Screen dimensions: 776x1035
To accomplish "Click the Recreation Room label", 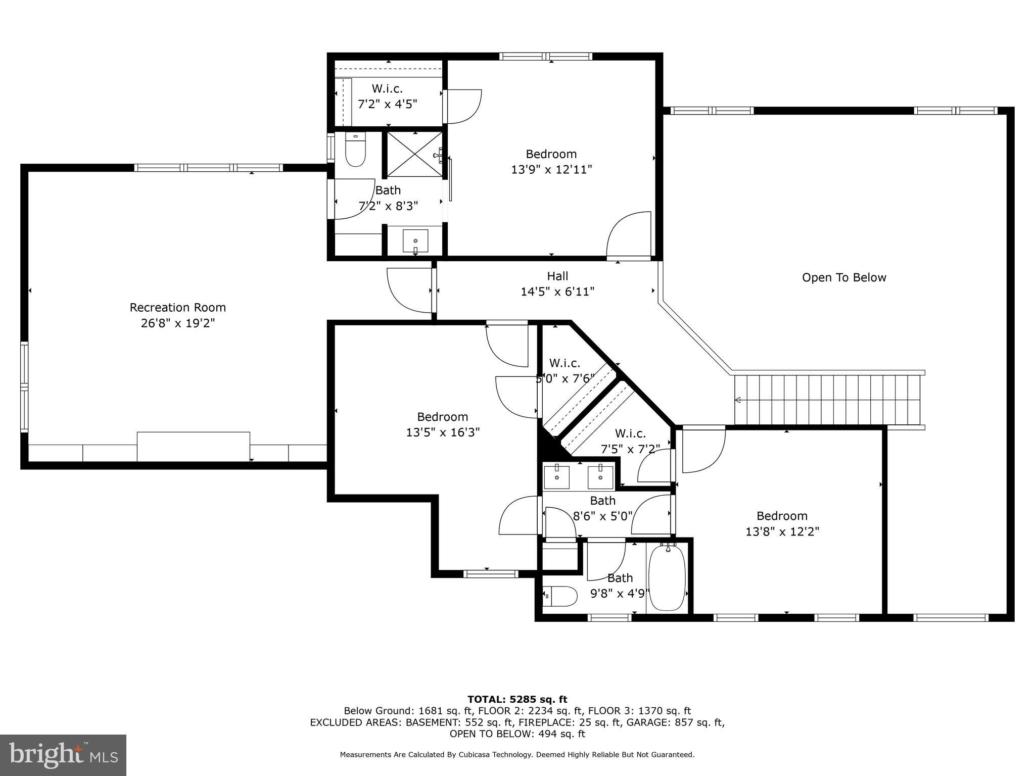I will coord(177,308).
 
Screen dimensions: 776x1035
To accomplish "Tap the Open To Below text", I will coord(844,277).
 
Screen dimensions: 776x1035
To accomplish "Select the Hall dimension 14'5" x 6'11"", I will coord(557,292).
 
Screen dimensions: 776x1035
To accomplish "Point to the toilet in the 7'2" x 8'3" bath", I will coord(355,150).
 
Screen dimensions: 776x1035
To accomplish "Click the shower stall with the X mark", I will coord(415,154).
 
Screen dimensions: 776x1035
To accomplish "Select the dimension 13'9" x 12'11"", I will coord(551,169).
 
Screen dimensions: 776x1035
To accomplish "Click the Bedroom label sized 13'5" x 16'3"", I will coord(442,417).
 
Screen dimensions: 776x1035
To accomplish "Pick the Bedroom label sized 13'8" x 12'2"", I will coord(782,516).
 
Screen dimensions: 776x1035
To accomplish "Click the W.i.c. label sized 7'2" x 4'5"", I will coord(387,89).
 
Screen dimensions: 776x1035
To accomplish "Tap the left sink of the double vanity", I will coord(556,477).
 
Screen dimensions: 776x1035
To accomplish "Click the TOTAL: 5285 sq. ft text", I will coord(517,699).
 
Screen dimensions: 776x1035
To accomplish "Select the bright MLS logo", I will coord(63,755).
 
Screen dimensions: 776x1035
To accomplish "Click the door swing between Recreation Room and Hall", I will coord(409,290).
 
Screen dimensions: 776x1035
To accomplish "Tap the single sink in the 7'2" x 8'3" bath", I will coord(415,241).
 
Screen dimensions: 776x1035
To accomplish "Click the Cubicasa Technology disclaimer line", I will coord(517,755).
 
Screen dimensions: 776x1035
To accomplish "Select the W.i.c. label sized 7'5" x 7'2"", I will coord(630,433).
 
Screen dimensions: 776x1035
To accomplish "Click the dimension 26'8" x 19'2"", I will coord(178,323).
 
